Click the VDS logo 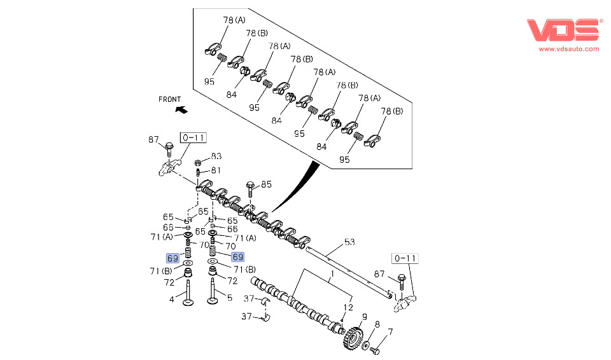pos(563,31)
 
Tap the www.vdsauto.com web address pos(569,48)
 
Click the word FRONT pos(170,99)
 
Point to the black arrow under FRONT pos(181,110)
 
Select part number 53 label pos(349,242)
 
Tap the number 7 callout pos(390,331)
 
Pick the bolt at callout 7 pos(375,350)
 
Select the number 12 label pos(347,307)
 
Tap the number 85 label pos(266,184)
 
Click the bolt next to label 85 pos(250,189)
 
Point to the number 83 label pos(216,156)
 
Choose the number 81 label pos(216,170)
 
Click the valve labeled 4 pos(188,294)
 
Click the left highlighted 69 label pos(172,258)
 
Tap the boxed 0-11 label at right pos(405,258)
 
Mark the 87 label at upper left pos(153,140)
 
